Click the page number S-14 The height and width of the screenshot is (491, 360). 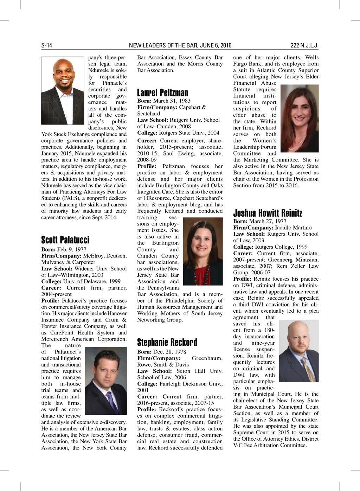click(x=47, y=45)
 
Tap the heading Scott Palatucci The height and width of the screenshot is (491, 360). click(x=65, y=240)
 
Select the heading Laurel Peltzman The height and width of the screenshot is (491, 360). click(x=162, y=93)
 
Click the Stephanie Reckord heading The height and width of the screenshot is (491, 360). click(x=167, y=342)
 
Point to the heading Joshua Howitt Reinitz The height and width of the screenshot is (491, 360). click(x=268, y=213)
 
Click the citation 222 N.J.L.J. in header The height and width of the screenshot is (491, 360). click(x=304, y=45)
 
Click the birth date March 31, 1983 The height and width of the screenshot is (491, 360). click(x=172, y=101)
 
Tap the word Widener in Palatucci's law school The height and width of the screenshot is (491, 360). click(x=84, y=269)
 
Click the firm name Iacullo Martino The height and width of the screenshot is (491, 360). click(x=293, y=228)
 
